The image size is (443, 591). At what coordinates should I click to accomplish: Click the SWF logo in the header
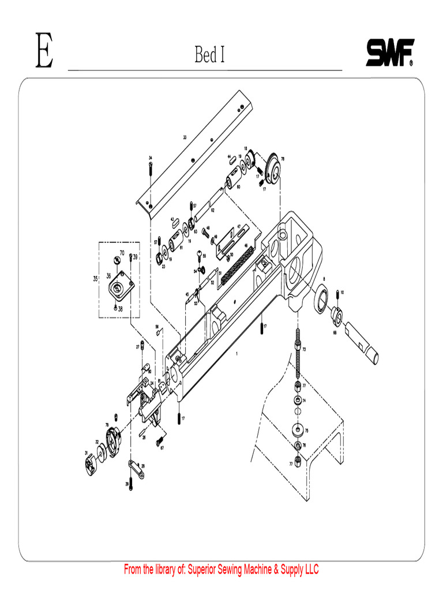point(389,54)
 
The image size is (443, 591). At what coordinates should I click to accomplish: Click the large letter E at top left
point(44,52)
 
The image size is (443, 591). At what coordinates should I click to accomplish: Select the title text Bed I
point(209,55)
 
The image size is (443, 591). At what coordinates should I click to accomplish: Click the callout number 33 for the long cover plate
point(185,137)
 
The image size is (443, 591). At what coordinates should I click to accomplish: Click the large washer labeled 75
point(298,430)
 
